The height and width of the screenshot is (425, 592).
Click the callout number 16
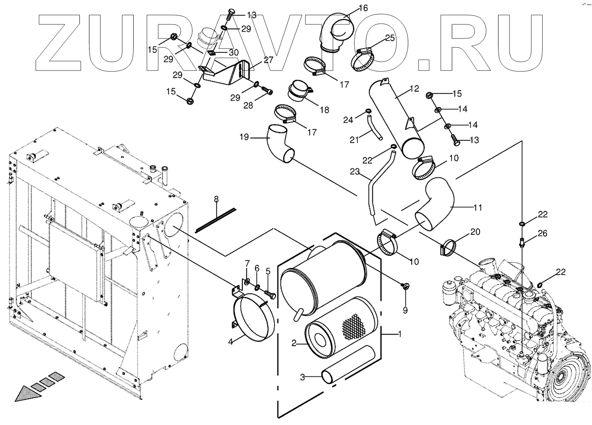[363, 8]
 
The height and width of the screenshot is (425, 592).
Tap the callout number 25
[389, 38]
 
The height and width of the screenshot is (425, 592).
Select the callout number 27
[268, 60]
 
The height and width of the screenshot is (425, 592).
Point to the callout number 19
[244, 137]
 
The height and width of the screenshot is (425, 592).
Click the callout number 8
[216, 200]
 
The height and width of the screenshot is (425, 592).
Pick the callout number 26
[542, 233]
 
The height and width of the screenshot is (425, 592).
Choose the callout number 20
[475, 232]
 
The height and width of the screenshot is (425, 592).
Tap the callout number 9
[405, 310]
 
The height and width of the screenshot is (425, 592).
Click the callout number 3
[302, 377]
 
